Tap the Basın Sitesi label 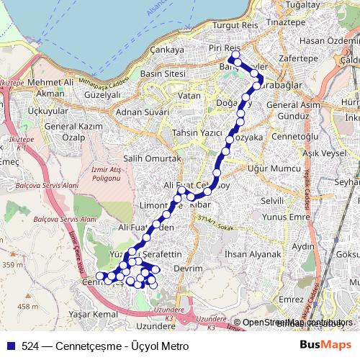click(163, 73)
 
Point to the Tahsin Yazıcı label click(195, 133)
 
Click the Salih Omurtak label click(150, 158)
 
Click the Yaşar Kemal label click(91, 315)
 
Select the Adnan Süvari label click(141, 112)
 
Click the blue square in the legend click(11, 346)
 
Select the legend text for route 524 click(104, 346)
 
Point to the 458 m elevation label click(28, 307)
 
